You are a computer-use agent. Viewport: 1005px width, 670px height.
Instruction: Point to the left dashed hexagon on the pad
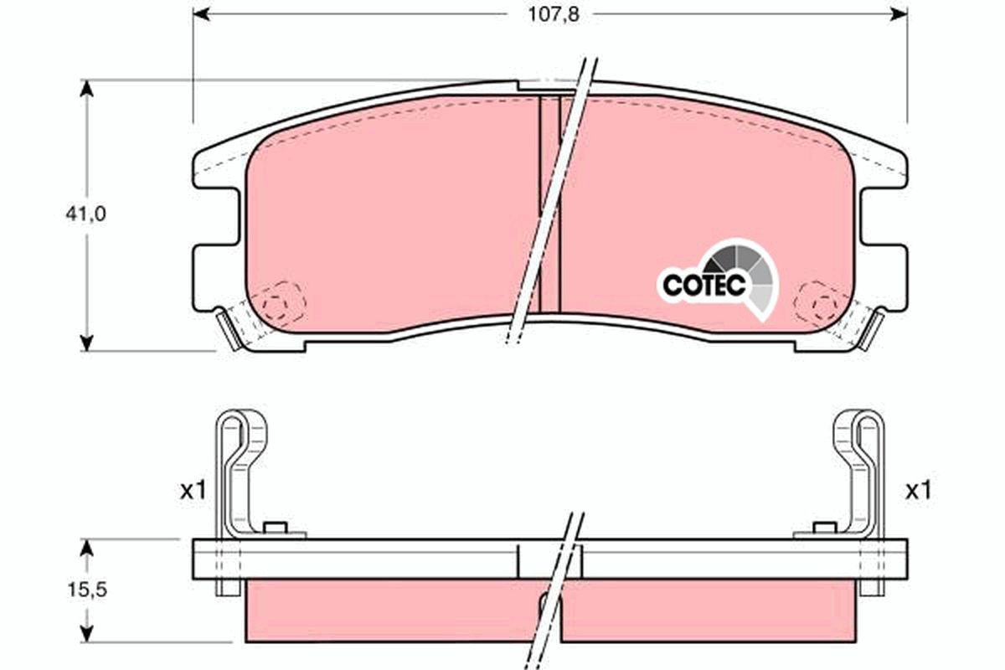281,299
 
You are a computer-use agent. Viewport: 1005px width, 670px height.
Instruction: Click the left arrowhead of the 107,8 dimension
201,14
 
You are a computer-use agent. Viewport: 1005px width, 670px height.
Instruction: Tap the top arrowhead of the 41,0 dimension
85,87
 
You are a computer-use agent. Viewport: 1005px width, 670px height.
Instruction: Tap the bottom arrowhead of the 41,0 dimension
85,343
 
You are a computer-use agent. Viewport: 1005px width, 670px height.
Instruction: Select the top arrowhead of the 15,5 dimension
85,547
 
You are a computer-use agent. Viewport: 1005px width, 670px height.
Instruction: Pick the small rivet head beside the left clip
275,528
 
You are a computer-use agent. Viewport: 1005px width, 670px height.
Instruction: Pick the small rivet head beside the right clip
825,528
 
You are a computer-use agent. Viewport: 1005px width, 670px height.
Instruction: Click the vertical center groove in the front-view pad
549,201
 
